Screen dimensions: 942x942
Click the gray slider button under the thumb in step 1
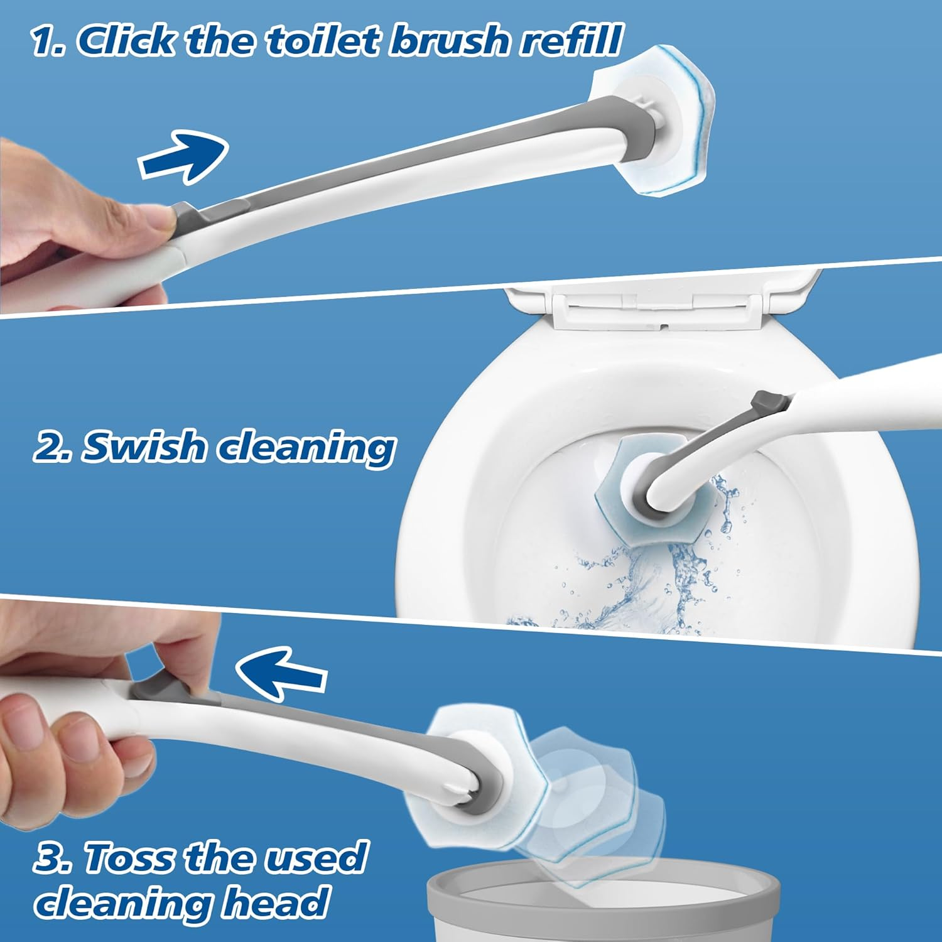tap(188, 217)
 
